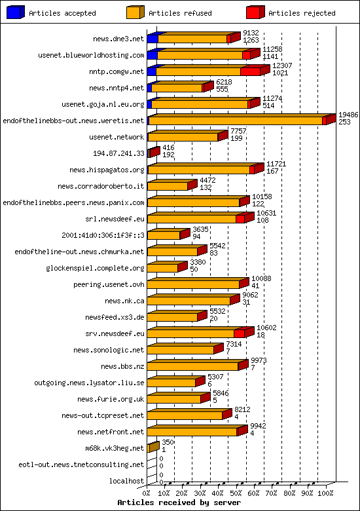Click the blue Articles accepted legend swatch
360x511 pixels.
16,12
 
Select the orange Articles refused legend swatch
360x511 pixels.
135,12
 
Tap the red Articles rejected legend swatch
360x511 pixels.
255,12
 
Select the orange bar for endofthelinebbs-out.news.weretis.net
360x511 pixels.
236,121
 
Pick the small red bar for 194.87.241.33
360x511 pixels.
153,153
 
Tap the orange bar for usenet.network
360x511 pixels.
183,137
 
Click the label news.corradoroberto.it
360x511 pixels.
101,186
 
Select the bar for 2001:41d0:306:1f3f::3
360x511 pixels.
164,235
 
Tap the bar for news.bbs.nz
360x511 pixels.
193,366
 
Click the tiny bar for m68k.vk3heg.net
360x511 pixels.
153,448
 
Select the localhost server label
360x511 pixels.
128,481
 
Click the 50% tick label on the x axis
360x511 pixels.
238,493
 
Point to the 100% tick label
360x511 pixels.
325,493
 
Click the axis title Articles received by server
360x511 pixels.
179,502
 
